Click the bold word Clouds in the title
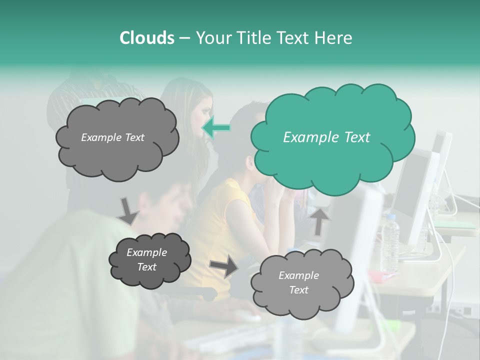click(x=146, y=38)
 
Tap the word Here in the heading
click(x=333, y=38)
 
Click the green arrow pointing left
click(x=216, y=128)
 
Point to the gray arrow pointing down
click(x=128, y=211)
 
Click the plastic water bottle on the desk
click(x=390, y=242)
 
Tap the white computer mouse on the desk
click(x=247, y=316)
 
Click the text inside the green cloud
click(x=326, y=137)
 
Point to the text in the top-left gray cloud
click(x=112, y=137)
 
